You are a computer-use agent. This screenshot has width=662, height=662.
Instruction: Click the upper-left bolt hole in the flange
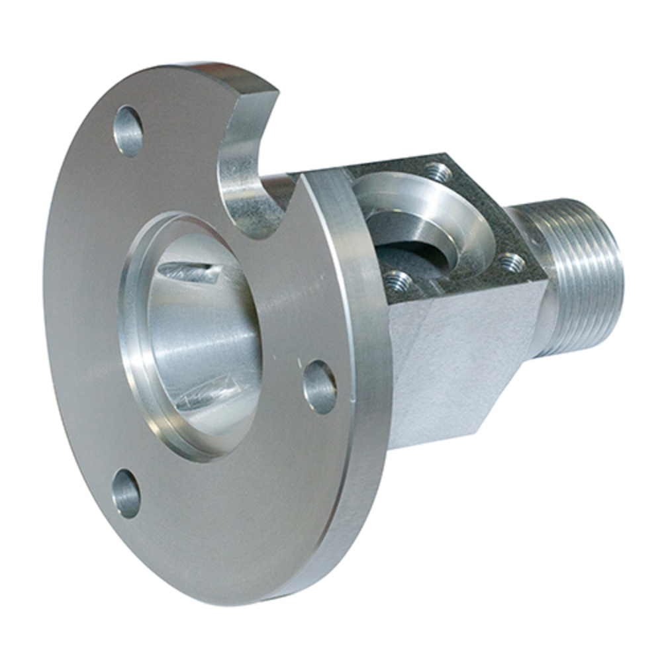click(x=128, y=131)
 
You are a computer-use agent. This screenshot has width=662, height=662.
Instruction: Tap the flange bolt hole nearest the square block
click(x=320, y=387)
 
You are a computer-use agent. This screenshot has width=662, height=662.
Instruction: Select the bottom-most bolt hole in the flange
click(x=126, y=494)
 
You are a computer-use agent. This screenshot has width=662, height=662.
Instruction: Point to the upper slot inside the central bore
click(x=189, y=272)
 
